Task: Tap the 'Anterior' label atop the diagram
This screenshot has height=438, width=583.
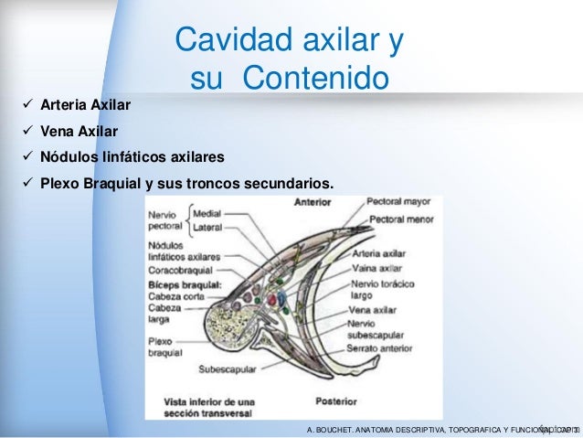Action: [313, 203]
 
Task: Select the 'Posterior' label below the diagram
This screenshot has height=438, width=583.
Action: [336, 400]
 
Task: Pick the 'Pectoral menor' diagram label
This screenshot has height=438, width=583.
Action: [399, 219]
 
